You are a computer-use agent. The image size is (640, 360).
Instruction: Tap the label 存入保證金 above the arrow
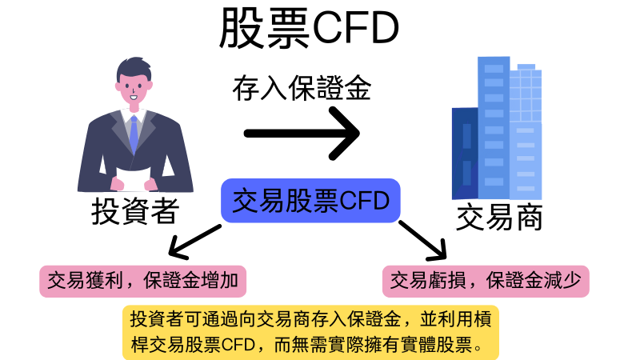(x=302, y=88)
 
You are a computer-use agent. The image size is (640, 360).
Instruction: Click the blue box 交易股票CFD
(x=310, y=201)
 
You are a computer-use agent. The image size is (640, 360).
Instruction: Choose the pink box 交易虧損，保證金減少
(x=486, y=282)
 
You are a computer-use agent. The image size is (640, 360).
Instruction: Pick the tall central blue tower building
(x=494, y=128)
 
